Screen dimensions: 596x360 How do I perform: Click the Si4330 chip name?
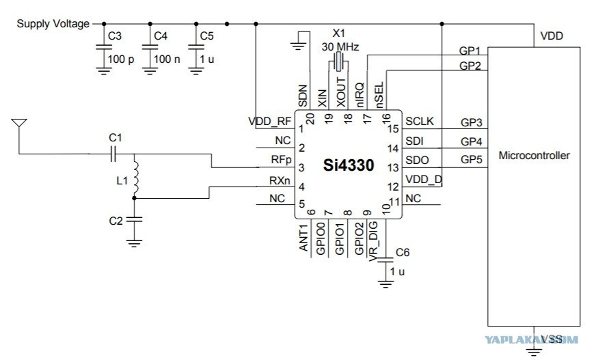349,165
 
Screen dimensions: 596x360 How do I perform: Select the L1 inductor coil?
135,178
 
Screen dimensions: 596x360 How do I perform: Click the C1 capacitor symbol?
113,154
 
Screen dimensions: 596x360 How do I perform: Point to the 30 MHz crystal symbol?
338,61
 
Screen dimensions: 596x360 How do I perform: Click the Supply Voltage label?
53,24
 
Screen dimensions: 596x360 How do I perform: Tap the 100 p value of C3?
121,59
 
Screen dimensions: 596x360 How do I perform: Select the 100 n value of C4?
167,59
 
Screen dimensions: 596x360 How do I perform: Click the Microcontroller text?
534,155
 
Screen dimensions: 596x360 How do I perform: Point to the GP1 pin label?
470,51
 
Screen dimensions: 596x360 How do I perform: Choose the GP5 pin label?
472,159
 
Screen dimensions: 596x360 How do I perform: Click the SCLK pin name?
419,121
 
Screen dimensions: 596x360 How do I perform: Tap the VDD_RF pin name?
269,122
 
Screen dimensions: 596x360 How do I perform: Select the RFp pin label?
281,160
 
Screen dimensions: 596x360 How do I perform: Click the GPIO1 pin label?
340,239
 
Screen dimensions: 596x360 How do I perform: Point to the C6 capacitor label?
403,253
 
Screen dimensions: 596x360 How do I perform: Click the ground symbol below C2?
134,243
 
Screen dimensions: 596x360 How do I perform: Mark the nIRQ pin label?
360,95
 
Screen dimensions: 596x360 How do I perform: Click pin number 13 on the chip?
392,167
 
